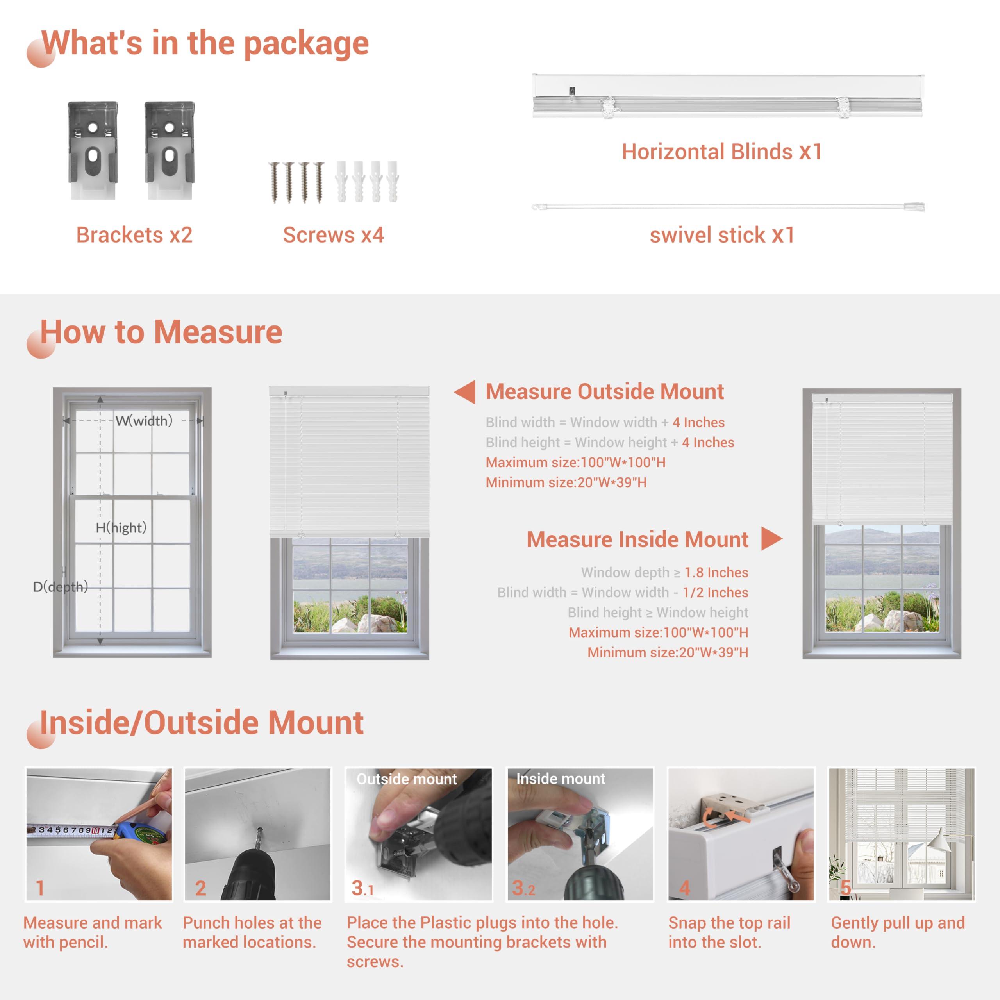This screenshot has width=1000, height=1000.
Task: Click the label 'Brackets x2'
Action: [134, 235]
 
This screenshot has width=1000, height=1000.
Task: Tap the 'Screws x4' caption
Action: [333, 235]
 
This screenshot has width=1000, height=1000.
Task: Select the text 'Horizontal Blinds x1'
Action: [721, 152]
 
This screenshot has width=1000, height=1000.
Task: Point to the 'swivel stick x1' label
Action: [721, 235]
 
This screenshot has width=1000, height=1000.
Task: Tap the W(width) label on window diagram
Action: [144, 421]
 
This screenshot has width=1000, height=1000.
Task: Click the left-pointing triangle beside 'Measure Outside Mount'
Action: [466, 392]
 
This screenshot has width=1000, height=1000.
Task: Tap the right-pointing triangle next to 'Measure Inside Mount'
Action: [771, 539]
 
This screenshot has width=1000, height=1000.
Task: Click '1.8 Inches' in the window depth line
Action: [716, 573]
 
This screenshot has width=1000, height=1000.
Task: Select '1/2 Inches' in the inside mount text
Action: [715, 593]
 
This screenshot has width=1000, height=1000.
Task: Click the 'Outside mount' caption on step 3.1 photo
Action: [406, 779]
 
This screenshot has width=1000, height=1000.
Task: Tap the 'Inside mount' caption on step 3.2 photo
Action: [561, 779]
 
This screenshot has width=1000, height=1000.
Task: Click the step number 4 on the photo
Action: [684, 888]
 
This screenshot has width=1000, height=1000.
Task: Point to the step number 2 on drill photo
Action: [201, 888]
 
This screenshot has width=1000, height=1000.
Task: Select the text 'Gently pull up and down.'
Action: [898, 932]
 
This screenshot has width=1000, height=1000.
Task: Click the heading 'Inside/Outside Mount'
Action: [202, 723]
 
